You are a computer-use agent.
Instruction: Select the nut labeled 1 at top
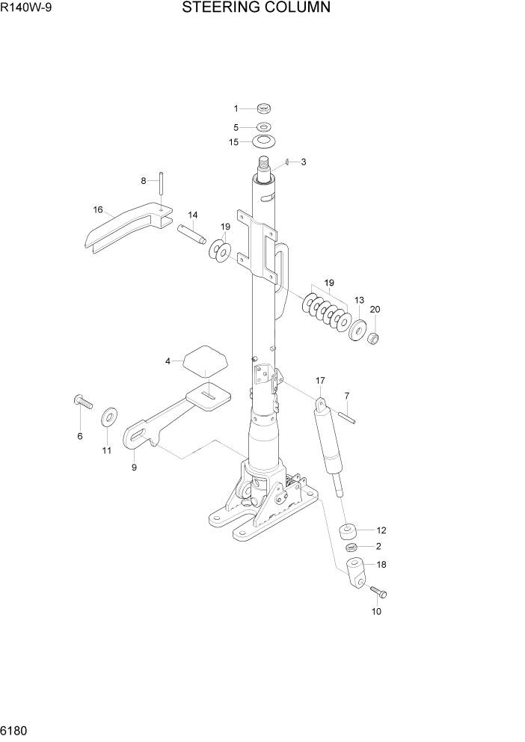[264, 109]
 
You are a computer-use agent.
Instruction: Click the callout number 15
[234, 141]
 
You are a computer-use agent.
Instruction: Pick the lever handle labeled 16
[123, 230]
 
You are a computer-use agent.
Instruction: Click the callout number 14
[191, 215]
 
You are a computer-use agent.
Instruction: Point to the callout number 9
[134, 467]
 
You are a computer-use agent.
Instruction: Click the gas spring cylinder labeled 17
[329, 447]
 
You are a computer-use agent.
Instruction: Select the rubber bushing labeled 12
[347, 533]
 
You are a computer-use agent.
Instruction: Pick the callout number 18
[381, 564]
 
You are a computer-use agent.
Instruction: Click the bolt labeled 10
[377, 592]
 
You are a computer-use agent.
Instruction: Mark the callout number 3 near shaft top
[303, 162]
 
